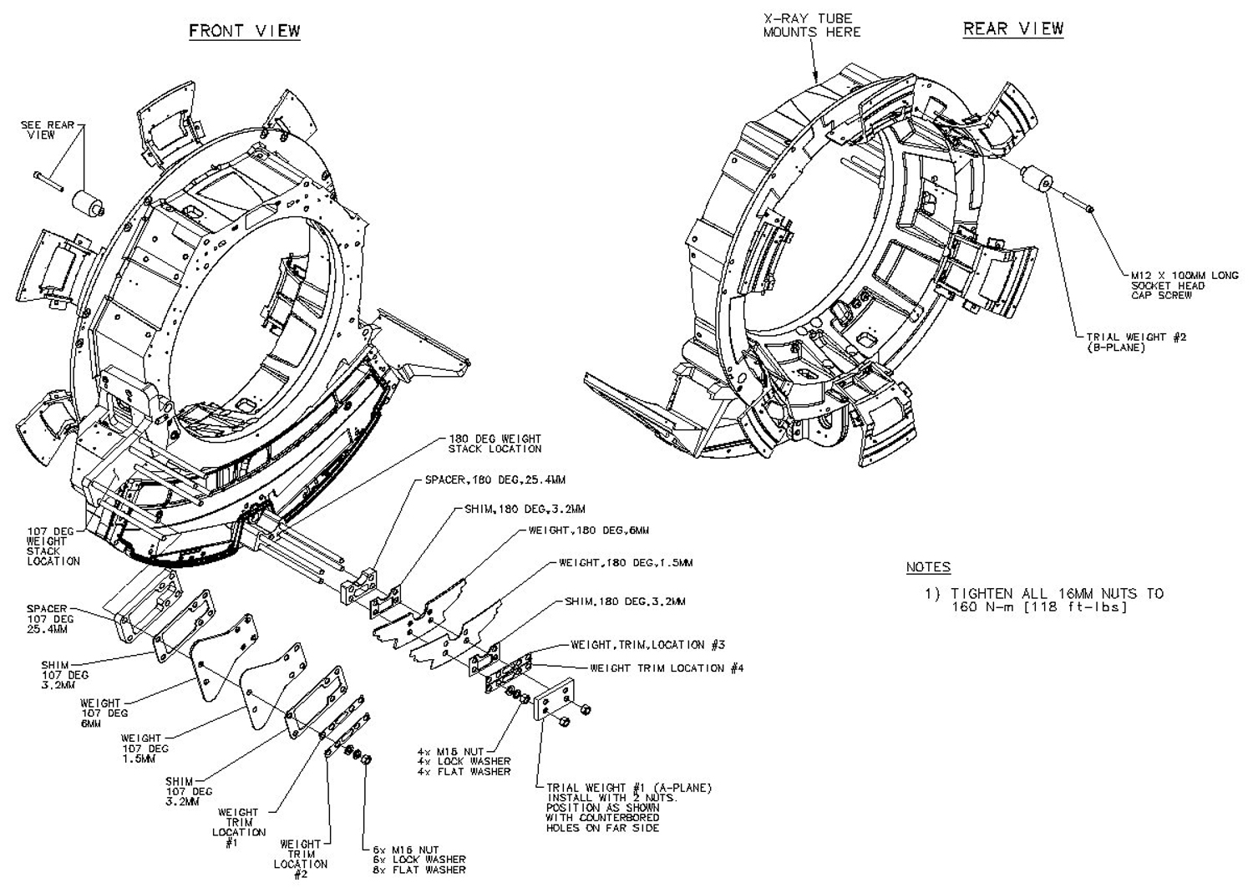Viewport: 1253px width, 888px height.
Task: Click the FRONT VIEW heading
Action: (244, 31)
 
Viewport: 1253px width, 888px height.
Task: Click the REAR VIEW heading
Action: (1013, 28)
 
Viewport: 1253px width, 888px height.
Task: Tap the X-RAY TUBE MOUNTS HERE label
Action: (811, 25)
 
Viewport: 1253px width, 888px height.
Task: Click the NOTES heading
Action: (928, 567)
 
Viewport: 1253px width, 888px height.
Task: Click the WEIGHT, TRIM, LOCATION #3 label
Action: (647, 645)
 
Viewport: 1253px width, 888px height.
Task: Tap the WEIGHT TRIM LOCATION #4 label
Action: (667, 668)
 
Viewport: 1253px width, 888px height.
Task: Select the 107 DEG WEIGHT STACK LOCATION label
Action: (53, 545)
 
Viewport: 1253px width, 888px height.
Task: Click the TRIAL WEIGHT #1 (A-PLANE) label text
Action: (628, 788)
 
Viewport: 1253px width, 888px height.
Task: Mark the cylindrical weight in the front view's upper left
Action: (87, 201)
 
